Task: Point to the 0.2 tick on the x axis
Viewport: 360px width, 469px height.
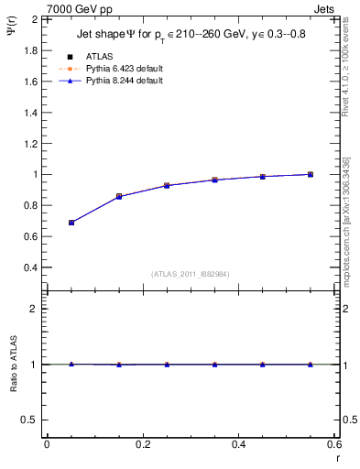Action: [142, 445]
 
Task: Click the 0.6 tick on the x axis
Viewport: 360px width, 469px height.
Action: [334, 445]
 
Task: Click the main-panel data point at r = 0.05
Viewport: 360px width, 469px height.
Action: [71, 223]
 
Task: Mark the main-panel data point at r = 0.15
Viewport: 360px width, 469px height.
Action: [119, 196]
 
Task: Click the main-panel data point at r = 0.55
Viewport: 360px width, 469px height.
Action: [311, 174]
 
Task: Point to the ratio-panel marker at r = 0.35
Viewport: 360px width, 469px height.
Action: [214, 365]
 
